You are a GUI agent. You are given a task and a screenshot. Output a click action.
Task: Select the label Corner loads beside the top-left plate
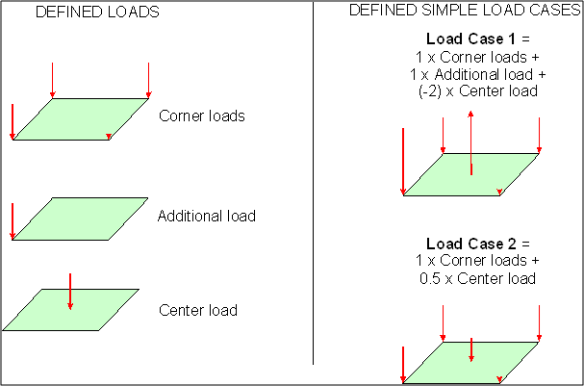click(202, 116)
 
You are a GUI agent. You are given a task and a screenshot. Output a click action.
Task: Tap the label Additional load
click(207, 216)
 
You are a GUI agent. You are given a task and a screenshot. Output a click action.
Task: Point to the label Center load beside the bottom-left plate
click(198, 310)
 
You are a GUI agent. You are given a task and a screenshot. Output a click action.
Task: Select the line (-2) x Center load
click(471, 90)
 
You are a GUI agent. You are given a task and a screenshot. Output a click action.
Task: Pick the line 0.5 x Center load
click(471, 278)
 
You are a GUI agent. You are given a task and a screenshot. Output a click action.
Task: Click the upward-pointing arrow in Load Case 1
click(470, 142)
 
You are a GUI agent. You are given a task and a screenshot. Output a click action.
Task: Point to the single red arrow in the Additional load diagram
click(12, 220)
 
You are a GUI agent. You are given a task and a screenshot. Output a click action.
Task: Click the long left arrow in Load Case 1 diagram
click(402, 162)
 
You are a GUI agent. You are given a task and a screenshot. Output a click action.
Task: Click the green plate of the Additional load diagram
click(77, 219)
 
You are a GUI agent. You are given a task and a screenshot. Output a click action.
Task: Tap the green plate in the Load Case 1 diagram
click(471, 174)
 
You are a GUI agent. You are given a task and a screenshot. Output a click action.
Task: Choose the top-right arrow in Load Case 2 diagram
click(540, 323)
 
